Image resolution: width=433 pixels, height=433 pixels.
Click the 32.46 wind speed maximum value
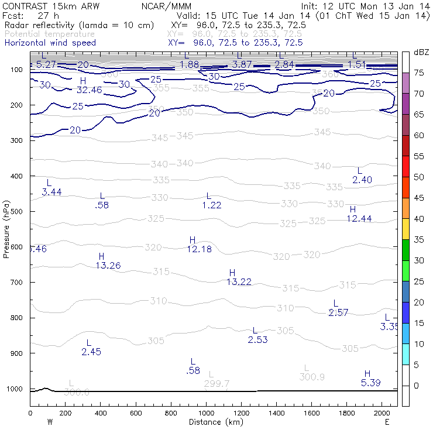(x=89, y=90)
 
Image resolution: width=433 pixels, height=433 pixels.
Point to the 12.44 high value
(x=359, y=219)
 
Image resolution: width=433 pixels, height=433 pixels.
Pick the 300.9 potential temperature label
(x=312, y=377)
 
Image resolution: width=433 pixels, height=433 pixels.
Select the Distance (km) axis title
(x=213, y=422)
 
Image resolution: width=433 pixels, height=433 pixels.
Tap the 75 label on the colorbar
(x=419, y=73)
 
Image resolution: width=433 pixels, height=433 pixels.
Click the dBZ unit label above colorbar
(x=421, y=52)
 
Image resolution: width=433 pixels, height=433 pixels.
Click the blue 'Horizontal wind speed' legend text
(x=50, y=43)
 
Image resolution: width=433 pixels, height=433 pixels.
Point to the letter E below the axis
(x=387, y=422)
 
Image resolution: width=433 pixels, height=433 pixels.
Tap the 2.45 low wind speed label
(x=91, y=352)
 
